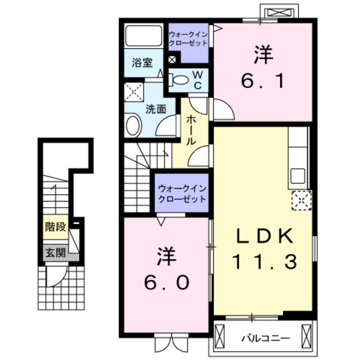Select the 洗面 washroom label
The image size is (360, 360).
pyautogui.click(x=156, y=109)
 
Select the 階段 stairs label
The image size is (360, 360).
pyautogui.click(x=56, y=228)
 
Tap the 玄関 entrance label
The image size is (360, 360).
pyautogui.click(x=55, y=253)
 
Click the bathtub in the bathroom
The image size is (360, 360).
pyautogui.click(x=143, y=36)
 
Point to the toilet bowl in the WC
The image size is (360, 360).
pyautogui.click(x=179, y=80)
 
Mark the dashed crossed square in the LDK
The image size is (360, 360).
pyautogui.click(x=299, y=200)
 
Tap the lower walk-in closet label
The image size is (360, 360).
pyautogui.click(x=182, y=194)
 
